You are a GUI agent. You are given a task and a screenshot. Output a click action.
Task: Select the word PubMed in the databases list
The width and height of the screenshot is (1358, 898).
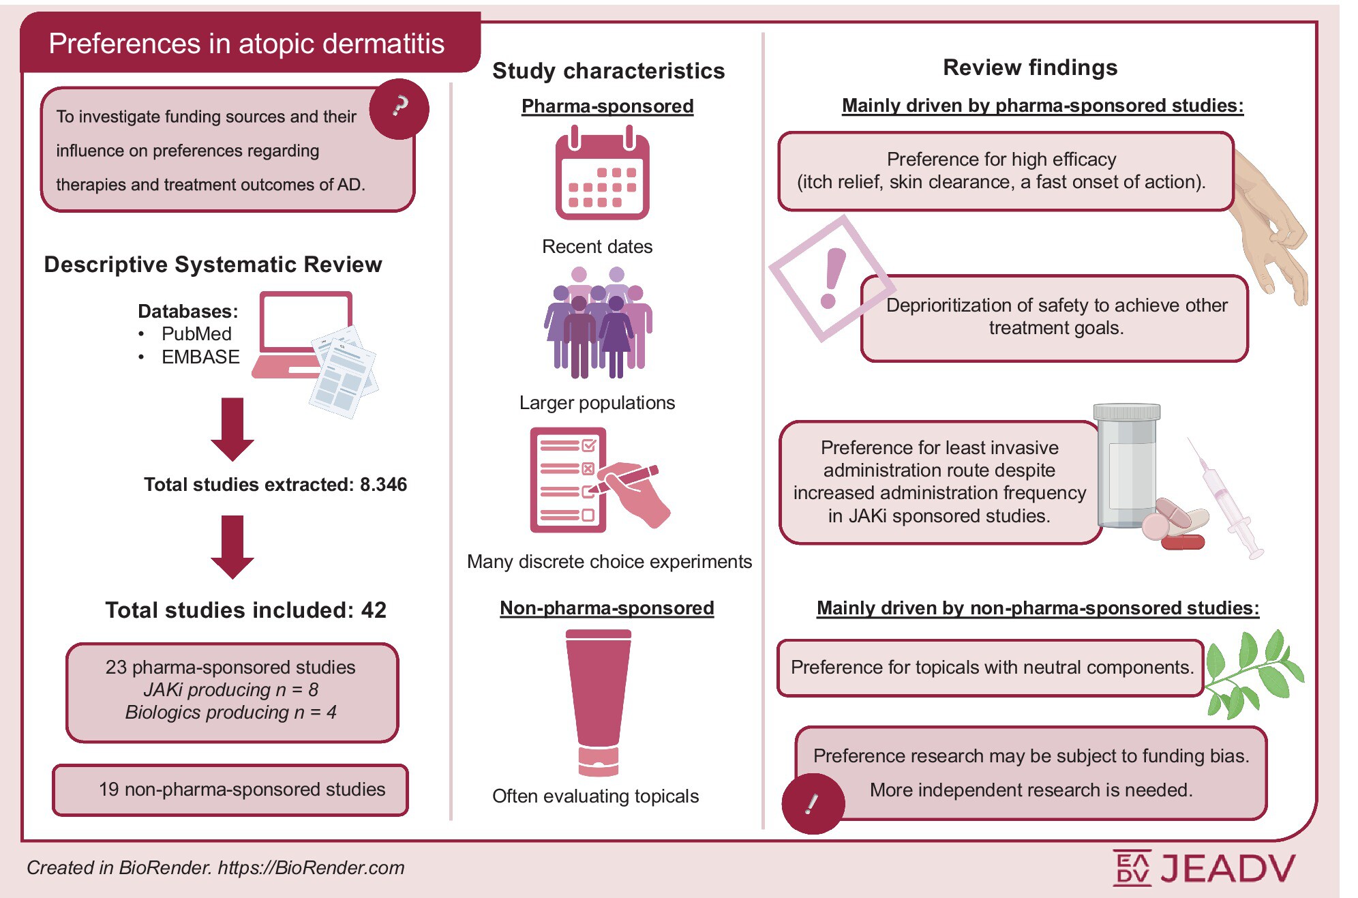tap(196, 334)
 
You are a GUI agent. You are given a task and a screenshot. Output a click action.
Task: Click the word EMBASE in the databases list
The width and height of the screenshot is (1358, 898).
tap(200, 357)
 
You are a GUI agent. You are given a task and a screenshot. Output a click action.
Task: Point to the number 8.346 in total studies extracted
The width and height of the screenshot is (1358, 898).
tap(383, 485)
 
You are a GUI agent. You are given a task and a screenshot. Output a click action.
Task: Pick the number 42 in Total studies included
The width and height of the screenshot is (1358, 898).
tap(374, 610)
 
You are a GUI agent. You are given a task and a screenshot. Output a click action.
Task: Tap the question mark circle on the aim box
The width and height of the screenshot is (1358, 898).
tap(399, 108)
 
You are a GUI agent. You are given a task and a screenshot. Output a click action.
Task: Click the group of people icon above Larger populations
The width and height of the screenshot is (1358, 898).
tap(598, 323)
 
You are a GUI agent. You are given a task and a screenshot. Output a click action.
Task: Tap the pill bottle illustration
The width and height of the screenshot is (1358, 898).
tap(1126, 467)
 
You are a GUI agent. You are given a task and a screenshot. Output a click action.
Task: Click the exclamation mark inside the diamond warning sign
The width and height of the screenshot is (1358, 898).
tap(832, 278)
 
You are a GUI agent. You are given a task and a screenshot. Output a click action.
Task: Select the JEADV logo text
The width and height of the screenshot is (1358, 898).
tap(1227, 868)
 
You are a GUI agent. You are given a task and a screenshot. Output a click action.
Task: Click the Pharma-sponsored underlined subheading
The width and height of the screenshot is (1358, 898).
tap(607, 106)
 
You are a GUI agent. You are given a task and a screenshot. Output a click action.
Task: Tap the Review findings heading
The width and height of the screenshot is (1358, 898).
tap(1029, 68)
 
